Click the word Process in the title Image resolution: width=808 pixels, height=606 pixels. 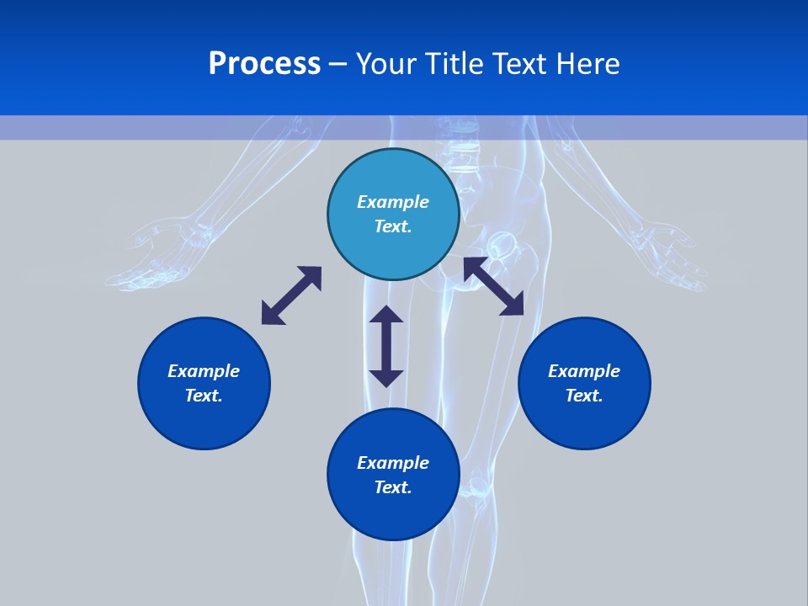coord(264,64)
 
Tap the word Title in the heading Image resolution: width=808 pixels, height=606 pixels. coord(455,64)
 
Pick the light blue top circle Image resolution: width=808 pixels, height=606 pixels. coord(393,214)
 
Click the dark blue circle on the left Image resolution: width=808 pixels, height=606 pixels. coord(204,383)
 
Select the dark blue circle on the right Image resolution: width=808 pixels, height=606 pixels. coord(584,383)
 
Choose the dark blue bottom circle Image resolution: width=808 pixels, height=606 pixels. coord(393,474)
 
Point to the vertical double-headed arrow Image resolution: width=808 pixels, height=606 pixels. coord(386,346)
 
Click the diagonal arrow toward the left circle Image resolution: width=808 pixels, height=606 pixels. coord(292,295)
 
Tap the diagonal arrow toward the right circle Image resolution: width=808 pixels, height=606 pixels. coord(494,286)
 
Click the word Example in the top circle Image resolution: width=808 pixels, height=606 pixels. coord(393,202)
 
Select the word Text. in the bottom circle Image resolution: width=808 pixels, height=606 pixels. coord(393,487)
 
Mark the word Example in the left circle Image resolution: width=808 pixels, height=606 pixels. coord(204,371)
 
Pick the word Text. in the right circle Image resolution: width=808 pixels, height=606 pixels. coord(584,396)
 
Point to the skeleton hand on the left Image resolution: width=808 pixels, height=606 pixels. coord(155,255)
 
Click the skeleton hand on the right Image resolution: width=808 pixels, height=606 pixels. coord(670,255)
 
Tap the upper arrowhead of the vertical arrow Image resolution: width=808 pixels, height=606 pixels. coord(386,314)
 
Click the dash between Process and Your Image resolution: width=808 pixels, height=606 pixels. coord(338,66)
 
